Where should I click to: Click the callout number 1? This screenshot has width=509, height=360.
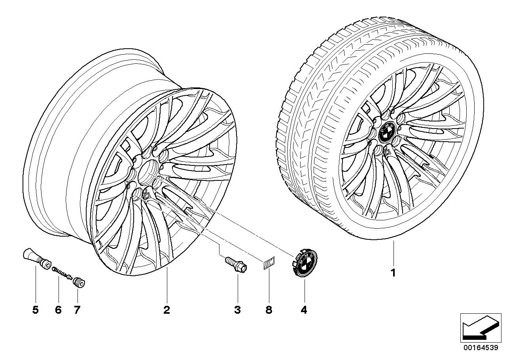point(393,273)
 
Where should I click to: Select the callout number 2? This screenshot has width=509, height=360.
point(167,310)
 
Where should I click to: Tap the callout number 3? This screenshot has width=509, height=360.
point(237,310)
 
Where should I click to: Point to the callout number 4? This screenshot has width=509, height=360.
point(304,310)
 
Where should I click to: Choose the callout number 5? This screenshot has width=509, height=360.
point(36,310)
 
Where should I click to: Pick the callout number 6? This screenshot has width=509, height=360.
point(59,310)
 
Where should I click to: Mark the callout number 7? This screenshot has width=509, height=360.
point(77,310)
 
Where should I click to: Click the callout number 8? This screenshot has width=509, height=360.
point(269,310)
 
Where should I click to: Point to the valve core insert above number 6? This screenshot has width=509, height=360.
point(61,273)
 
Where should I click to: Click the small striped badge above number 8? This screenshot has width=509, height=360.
point(269,264)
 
